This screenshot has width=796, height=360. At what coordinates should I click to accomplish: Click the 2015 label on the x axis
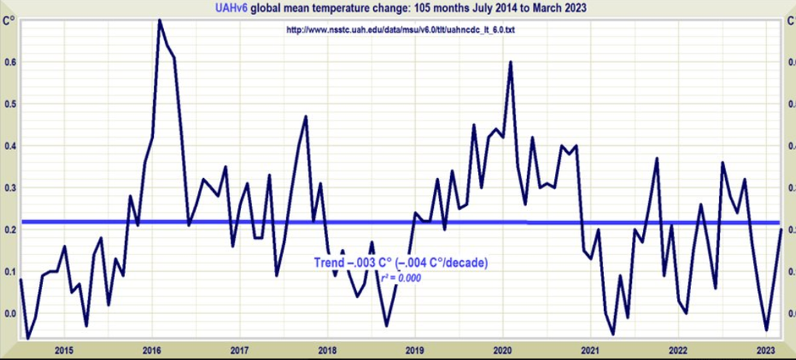coord(64,349)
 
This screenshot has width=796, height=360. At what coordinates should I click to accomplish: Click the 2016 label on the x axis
coord(152,349)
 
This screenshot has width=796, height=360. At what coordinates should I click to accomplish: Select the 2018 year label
coord(326,349)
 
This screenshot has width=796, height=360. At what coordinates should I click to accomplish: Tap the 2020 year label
coord(502,349)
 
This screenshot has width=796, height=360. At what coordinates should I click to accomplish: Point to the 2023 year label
coord(766,349)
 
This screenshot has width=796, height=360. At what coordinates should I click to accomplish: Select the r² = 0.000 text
coord(400,278)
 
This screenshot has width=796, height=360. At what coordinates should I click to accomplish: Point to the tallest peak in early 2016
coord(159,20)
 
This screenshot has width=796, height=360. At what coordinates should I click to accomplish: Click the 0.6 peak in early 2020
coord(510,61)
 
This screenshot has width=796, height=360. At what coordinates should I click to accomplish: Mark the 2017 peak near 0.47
coord(305,117)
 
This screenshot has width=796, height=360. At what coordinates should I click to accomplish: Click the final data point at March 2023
coord(781,229)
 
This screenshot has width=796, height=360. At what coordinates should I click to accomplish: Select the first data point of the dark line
coord(20,279)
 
